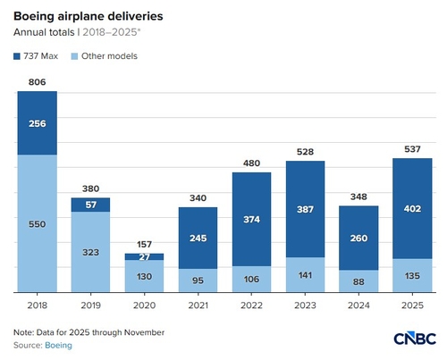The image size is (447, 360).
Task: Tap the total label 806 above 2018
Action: point(37,81)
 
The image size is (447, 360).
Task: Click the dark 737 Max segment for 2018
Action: point(37,124)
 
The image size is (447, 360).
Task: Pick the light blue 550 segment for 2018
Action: point(37,224)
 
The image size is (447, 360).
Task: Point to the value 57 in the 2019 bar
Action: point(90,205)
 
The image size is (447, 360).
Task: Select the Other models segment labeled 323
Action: point(90,252)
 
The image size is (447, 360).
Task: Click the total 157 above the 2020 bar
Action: point(144,244)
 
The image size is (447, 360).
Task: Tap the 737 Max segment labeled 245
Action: point(198,238)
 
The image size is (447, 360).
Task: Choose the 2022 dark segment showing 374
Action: point(251,220)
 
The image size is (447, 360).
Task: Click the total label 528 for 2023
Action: point(305,151)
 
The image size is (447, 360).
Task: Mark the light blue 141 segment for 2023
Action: point(305,275)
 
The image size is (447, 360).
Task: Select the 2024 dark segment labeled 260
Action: point(358,239)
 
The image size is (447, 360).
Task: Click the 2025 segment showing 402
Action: point(412,209)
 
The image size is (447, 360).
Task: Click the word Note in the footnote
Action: point(23,332)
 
